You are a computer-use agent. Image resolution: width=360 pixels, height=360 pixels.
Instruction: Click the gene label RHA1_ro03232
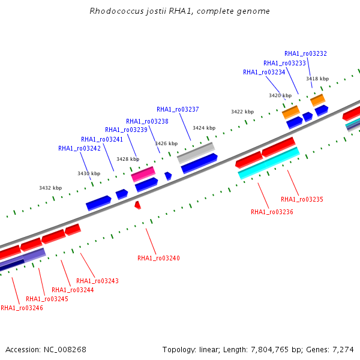pyautogui.click(x=305, y=54)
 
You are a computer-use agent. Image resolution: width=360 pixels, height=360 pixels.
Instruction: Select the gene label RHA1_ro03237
pyautogui.click(x=178, y=110)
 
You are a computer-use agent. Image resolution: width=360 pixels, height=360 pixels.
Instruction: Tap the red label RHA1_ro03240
pyautogui.click(x=158, y=258)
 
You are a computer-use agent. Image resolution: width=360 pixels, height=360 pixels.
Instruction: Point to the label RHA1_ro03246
pyautogui.click(x=22, y=308)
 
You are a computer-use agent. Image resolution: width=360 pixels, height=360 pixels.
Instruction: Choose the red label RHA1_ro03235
pyautogui.click(x=302, y=200)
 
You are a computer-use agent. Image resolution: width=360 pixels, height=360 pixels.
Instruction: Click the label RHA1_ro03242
pyautogui.click(x=79, y=149)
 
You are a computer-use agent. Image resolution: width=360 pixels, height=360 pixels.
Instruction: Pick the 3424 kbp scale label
pyautogui.click(x=204, y=128)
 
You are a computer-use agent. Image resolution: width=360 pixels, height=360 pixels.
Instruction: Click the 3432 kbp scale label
pyautogui.click(x=50, y=188)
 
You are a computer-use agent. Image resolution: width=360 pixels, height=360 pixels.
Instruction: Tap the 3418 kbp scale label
pyautogui.click(x=317, y=79)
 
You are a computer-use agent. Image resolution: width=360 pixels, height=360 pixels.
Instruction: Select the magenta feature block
pyautogui.click(x=143, y=174)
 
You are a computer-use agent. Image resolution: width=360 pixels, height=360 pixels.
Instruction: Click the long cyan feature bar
pyautogui.click(x=269, y=163)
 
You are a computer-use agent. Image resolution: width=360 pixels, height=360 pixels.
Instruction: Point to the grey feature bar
pyautogui.click(x=196, y=152)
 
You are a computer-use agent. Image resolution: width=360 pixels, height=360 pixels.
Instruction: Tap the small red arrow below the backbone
pyautogui.click(x=137, y=205)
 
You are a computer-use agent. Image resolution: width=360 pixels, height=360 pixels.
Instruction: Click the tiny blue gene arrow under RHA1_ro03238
pyautogui.click(x=168, y=176)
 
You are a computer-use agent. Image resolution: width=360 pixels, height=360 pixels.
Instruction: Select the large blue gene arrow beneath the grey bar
pyautogui.click(x=199, y=163)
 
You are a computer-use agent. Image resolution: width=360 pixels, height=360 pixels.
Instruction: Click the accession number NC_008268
pyautogui.click(x=65, y=350)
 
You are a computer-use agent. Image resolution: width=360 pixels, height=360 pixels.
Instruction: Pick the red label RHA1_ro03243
pyautogui.click(x=97, y=281)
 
